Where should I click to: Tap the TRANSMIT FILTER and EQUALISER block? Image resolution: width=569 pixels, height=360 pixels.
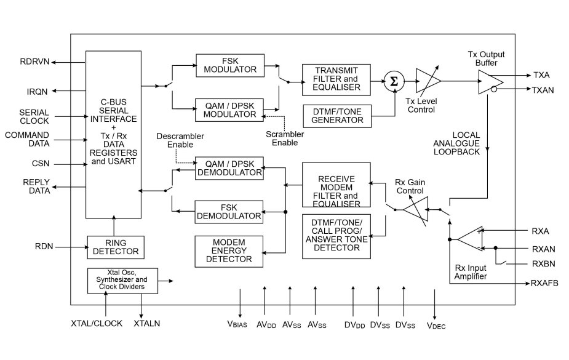point(336,79)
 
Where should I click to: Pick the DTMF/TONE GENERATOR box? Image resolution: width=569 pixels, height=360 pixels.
point(337,116)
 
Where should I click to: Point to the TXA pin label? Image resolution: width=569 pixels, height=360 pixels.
point(541,74)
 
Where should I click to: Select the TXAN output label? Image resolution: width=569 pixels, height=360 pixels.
point(544,90)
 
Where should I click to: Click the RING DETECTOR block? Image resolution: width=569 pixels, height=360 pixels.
point(116,247)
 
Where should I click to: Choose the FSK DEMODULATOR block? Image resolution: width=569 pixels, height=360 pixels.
point(229,212)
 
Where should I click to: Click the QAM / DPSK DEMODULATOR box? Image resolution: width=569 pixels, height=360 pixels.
point(229,168)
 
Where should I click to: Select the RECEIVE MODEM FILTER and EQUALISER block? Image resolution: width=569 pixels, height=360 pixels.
point(336,185)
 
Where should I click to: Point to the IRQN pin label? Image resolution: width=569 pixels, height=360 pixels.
point(37,91)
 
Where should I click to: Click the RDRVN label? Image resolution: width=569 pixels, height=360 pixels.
point(34,62)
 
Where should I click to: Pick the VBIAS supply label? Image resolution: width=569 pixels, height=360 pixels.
point(237,324)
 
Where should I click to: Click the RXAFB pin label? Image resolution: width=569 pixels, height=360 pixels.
point(544,284)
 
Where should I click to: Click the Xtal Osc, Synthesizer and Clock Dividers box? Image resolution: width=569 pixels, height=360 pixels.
point(122,281)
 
